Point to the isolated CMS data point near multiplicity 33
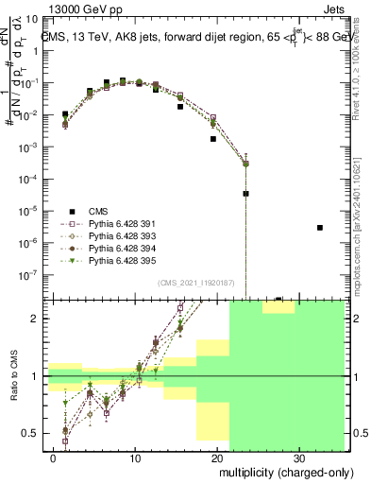pos(320,228)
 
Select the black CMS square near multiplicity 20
pos(213,139)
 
